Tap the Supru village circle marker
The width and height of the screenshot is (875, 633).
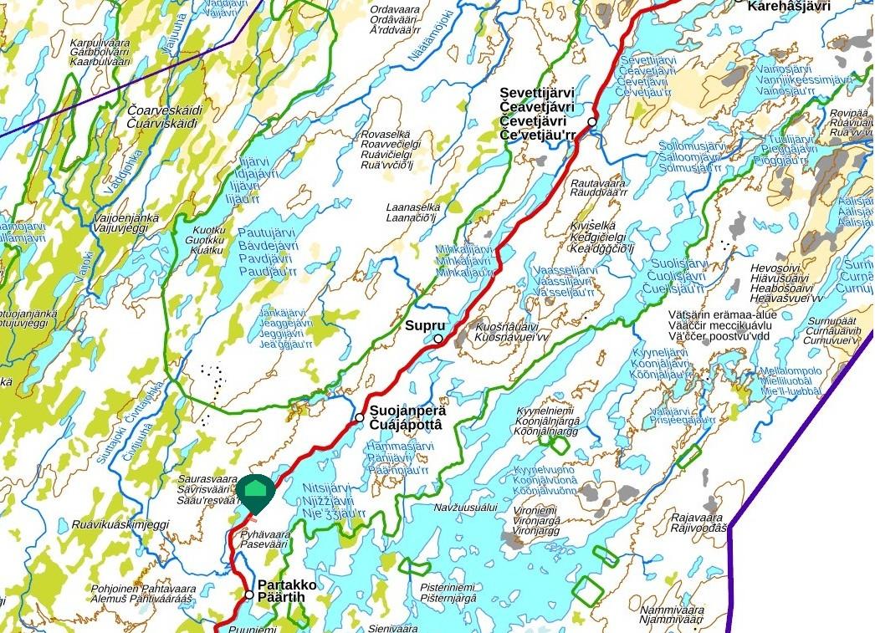coord(438,339)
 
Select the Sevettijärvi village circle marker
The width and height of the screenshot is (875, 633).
coord(592,122)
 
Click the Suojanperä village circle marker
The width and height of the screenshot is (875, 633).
coord(360,417)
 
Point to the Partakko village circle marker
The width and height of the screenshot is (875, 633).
coord(248,595)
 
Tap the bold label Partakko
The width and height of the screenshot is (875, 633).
coord(288,585)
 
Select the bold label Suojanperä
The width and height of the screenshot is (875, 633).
coord(408,411)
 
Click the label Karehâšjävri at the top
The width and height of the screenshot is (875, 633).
coord(789,6)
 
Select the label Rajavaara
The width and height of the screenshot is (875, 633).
coord(698,518)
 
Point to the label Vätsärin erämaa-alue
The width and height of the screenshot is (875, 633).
coord(723,314)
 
